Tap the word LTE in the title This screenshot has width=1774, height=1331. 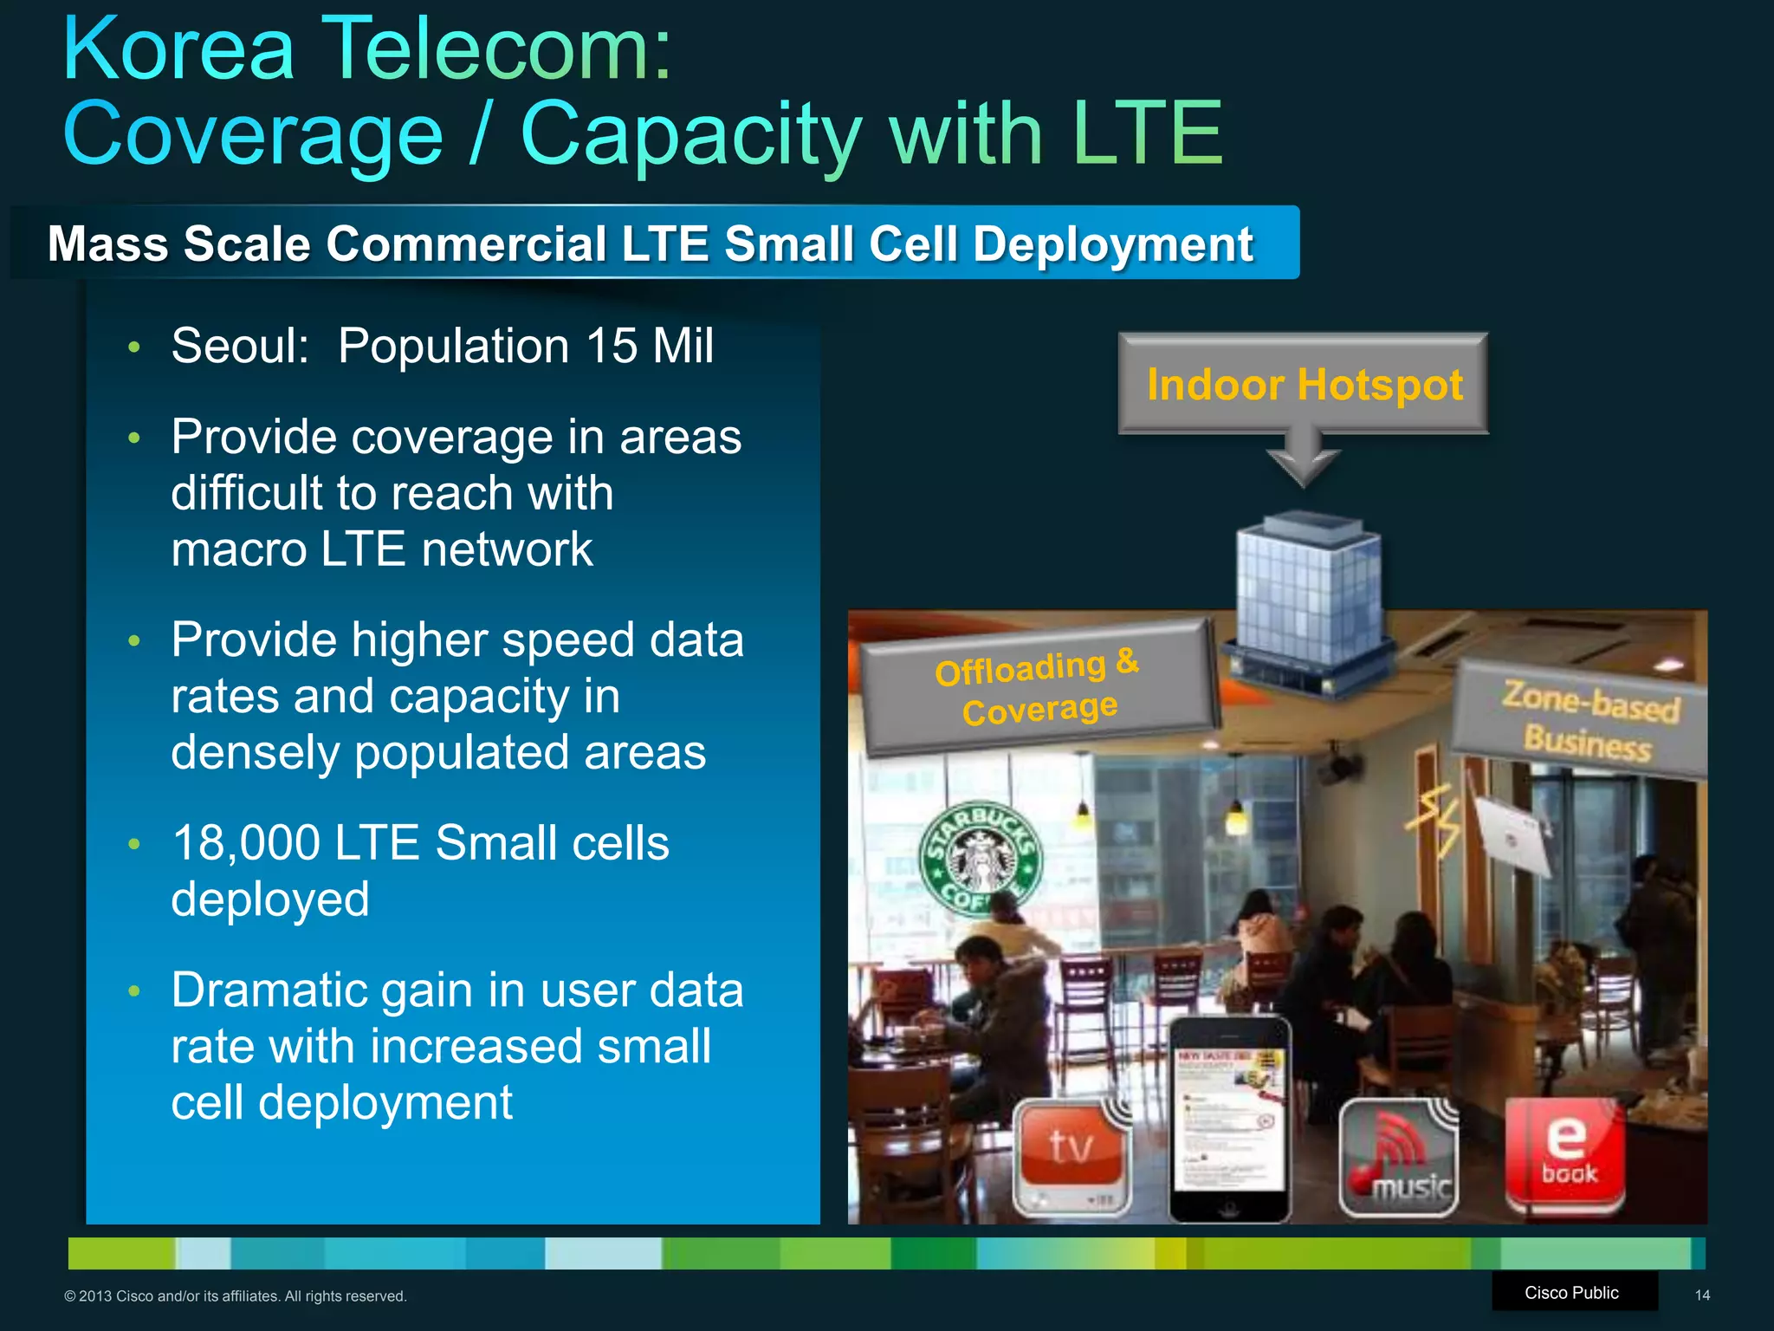[1146, 134]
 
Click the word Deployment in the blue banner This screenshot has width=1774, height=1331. [1113, 244]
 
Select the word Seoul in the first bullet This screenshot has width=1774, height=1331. [240, 346]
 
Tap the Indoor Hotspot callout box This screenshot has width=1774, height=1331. [1304, 384]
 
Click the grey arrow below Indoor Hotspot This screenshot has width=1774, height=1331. [1303, 459]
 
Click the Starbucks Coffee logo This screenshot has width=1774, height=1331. [981, 859]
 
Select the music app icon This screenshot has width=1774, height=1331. [1400, 1158]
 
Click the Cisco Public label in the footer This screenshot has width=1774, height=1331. [1571, 1292]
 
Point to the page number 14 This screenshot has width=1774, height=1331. [1701, 1295]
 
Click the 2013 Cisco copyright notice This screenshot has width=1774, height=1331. [236, 1296]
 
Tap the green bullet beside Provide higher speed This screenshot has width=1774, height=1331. [133, 641]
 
